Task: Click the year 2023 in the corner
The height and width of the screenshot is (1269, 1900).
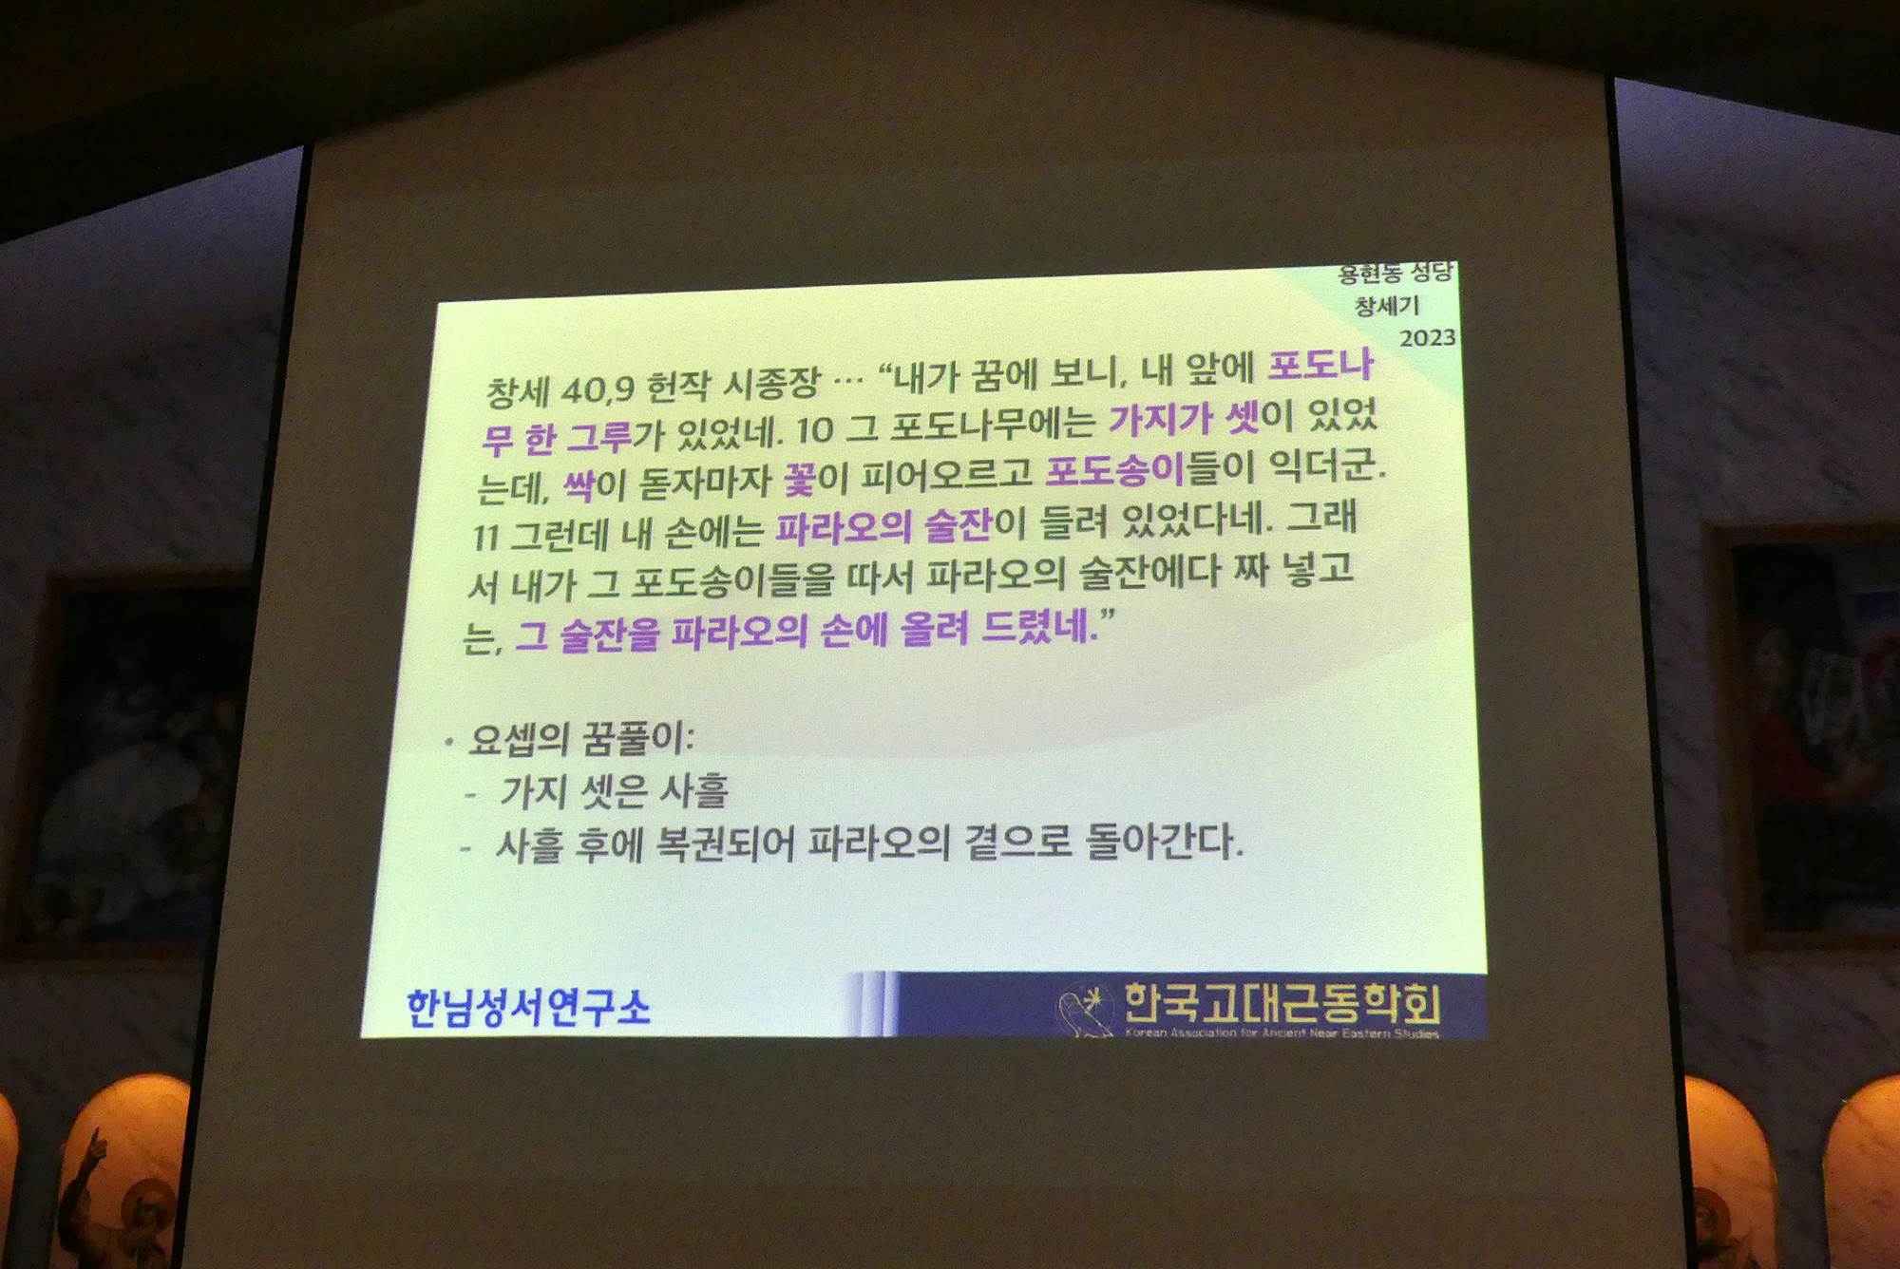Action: pos(1427,337)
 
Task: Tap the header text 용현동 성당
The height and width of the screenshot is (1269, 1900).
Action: pos(1396,274)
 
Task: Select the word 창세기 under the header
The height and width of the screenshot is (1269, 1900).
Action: pos(1387,306)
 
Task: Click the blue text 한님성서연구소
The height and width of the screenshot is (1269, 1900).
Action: pos(528,1007)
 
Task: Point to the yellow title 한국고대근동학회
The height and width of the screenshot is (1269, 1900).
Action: pos(1282,1003)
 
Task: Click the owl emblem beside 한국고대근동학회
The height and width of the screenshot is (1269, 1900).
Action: pos(1086,1010)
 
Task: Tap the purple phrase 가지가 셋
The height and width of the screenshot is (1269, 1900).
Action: pos(1184,418)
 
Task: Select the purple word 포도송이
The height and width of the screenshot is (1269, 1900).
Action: pos(1114,470)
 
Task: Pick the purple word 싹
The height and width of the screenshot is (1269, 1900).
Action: pos(579,486)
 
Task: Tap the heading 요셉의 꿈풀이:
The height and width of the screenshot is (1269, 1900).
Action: pos(581,739)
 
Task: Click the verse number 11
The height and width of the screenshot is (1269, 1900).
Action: pos(485,539)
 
